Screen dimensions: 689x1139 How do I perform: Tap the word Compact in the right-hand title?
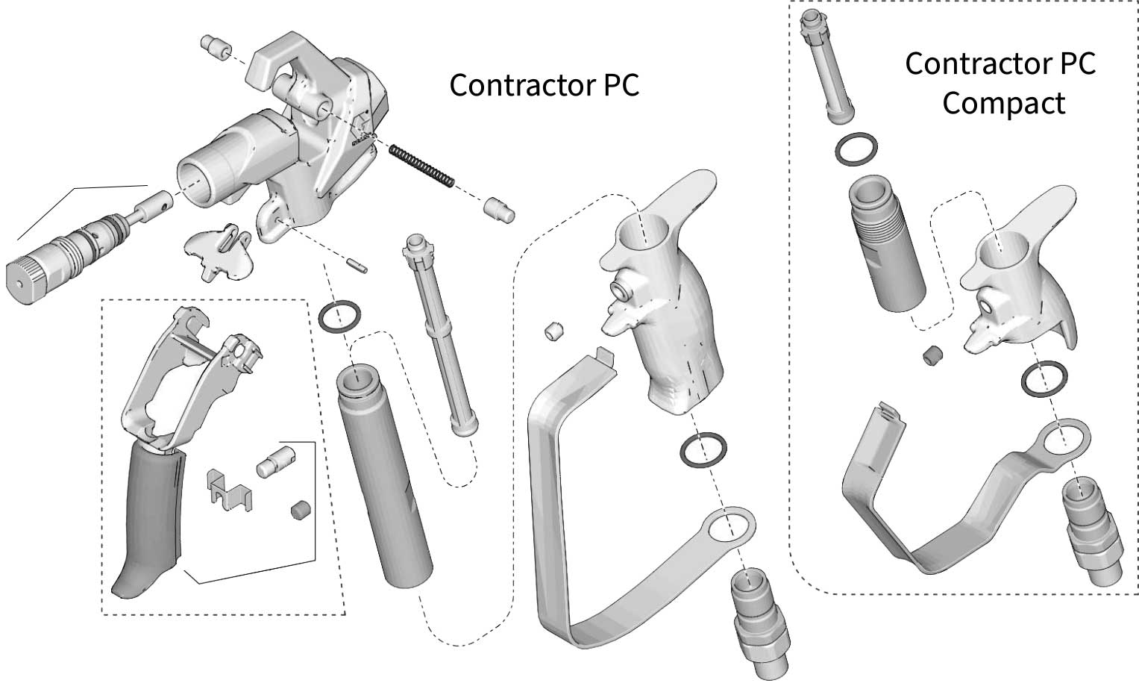tap(1003, 103)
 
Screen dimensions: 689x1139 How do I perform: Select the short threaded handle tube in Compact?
tap(887, 246)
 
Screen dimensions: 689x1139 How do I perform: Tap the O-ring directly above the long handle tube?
tap(339, 316)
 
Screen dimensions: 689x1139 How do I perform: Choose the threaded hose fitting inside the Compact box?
tap(1091, 530)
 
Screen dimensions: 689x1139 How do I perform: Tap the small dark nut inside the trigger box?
tap(299, 511)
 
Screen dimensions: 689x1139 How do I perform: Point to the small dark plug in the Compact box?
tap(932, 357)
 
